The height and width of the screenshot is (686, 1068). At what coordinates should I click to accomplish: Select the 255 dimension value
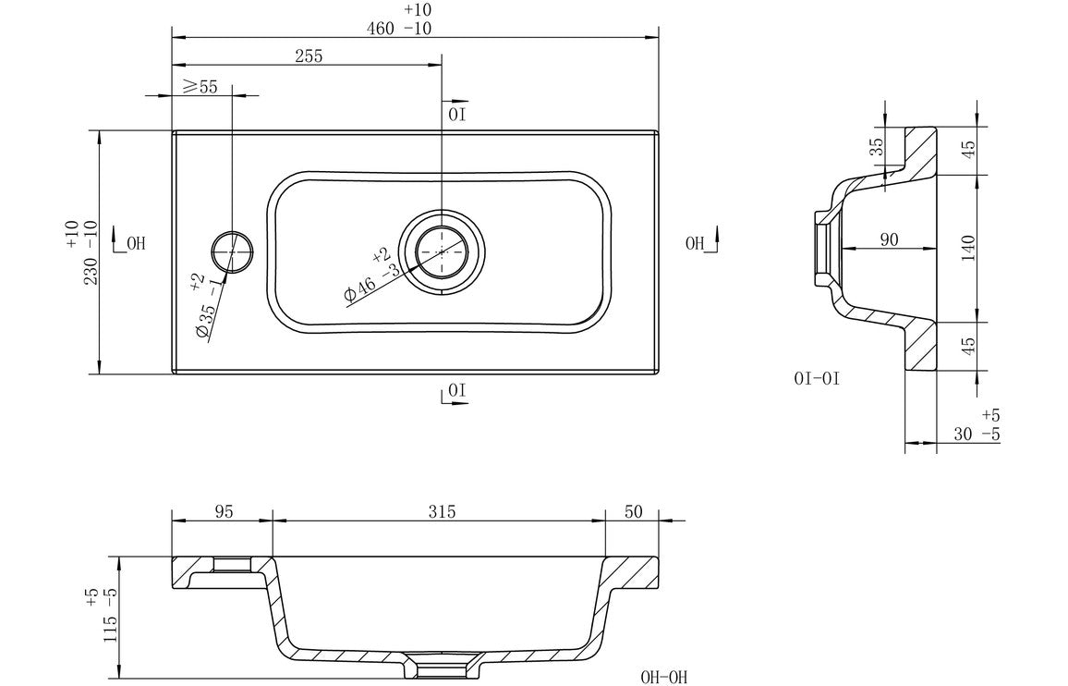tap(309, 56)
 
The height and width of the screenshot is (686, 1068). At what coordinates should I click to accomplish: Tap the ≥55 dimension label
tap(200, 87)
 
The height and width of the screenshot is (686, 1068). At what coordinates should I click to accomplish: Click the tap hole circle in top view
tap(232, 251)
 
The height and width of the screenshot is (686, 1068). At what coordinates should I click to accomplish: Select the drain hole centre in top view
tap(443, 251)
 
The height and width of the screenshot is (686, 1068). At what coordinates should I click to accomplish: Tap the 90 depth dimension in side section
tap(888, 240)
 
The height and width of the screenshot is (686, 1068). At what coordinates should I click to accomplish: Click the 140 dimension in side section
tap(968, 248)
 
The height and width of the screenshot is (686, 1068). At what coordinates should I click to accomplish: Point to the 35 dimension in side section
tap(878, 146)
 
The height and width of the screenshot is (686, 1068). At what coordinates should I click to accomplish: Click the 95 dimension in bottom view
tap(222, 511)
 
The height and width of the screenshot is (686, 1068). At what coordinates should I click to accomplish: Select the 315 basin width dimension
tap(442, 511)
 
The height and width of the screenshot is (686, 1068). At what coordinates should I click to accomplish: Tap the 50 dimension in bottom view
tap(632, 511)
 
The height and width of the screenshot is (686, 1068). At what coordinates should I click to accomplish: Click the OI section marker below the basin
tap(455, 392)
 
